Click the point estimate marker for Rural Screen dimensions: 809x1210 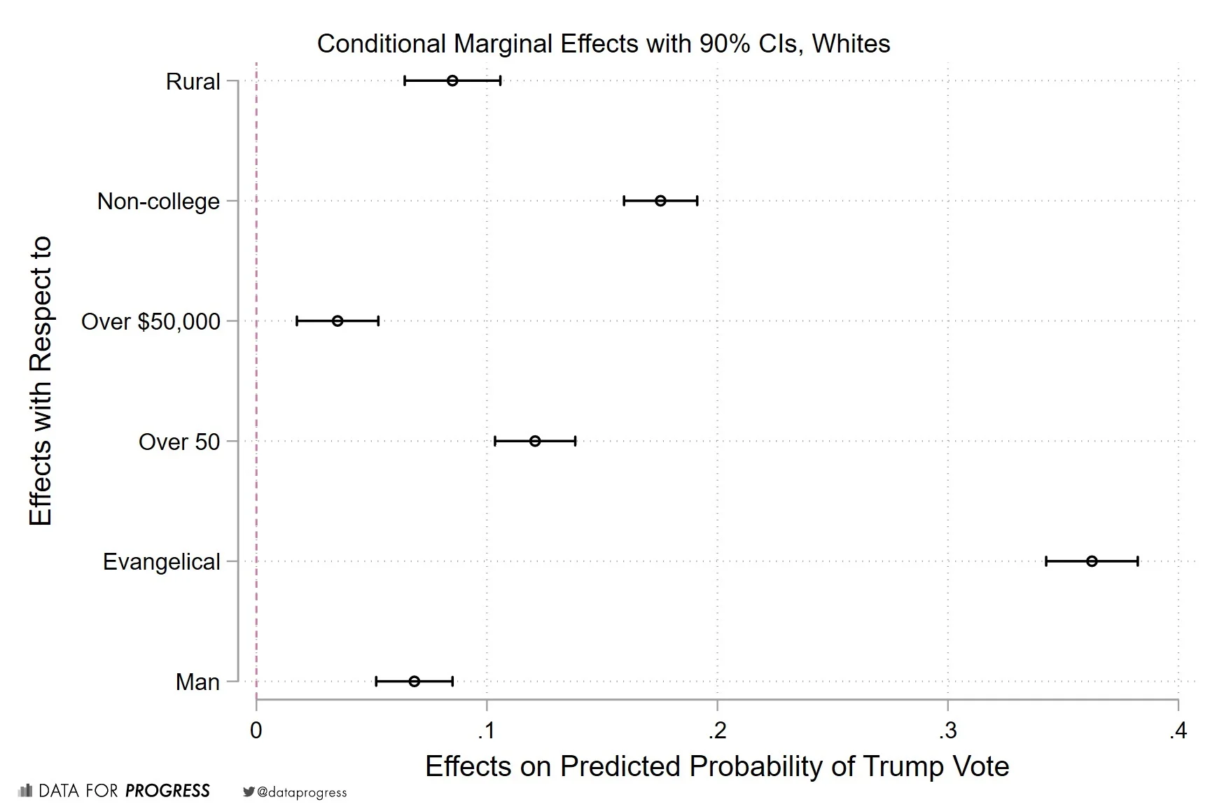(452, 80)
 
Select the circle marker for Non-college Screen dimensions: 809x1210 (660, 201)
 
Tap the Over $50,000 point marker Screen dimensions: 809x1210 (338, 321)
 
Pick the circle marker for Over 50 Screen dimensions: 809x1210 (535, 441)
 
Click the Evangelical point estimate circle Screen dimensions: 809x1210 (1092, 561)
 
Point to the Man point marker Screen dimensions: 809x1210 (415, 682)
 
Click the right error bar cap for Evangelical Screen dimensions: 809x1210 (1138, 561)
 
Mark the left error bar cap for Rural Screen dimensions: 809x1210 (405, 80)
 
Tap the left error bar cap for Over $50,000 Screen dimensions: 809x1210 (297, 321)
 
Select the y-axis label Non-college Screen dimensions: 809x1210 (158, 202)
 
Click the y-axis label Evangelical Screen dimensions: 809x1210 (161, 562)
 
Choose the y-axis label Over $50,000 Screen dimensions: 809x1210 (151, 322)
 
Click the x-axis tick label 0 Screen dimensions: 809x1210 (256, 731)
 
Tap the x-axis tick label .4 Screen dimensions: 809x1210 (1177, 731)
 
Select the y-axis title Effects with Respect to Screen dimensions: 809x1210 (41, 381)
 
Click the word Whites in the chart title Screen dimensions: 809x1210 (851, 43)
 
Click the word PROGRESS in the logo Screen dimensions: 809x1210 (167, 791)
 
